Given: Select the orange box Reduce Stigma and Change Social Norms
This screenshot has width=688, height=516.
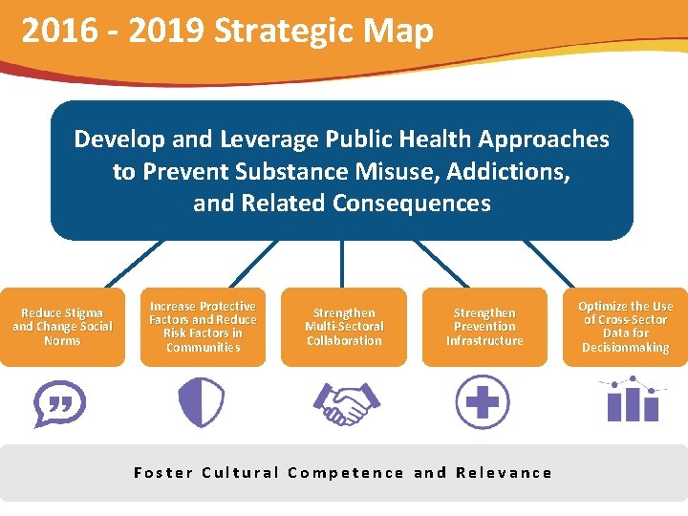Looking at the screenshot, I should [x=62, y=327].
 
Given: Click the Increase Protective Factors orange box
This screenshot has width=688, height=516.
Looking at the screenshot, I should [x=203, y=327].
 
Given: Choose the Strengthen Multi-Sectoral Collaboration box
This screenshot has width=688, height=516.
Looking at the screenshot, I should [x=344, y=327].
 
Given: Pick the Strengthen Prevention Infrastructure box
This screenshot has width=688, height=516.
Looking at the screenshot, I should [x=484, y=327].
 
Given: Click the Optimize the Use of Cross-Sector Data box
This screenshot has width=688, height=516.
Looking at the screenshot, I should [x=626, y=327].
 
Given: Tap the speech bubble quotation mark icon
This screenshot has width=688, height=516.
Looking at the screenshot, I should [x=59, y=403].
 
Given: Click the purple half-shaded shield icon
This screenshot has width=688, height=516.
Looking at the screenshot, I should [x=202, y=402].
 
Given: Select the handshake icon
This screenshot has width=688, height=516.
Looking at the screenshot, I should [x=345, y=402].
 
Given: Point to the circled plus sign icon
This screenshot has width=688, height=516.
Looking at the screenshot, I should [x=482, y=401].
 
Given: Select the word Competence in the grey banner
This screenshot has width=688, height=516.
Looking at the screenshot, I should [x=346, y=472].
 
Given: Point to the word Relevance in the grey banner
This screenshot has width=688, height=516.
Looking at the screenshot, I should [x=504, y=472].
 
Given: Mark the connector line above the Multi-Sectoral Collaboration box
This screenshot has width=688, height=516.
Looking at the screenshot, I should [x=342, y=264].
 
